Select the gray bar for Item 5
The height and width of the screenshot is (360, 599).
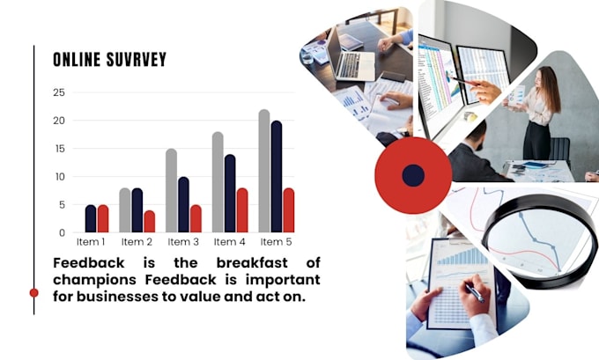tap(264, 171)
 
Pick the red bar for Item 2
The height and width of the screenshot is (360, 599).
tap(150, 222)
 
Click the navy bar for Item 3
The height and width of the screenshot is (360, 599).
tap(183, 204)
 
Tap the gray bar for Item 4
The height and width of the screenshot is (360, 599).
tap(218, 182)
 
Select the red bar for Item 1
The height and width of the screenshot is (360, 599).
tap(103, 219)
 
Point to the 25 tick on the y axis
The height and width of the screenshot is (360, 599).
tap(59, 92)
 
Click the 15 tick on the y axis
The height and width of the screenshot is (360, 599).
tap(60, 149)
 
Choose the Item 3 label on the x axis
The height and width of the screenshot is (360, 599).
tap(183, 242)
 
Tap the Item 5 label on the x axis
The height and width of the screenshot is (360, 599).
tap(277, 242)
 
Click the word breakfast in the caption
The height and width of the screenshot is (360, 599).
tap(252, 263)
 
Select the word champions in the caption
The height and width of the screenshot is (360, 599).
tap(94, 280)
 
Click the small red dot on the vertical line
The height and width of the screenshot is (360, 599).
tap(34, 293)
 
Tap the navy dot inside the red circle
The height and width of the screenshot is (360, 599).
tap(413, 176)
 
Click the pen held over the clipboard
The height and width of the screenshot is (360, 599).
tap(475, 293)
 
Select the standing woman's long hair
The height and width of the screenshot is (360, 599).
tap(551, 89)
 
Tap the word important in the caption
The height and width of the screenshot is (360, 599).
tap(283, 280)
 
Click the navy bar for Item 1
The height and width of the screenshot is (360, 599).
tap(91, 219)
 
